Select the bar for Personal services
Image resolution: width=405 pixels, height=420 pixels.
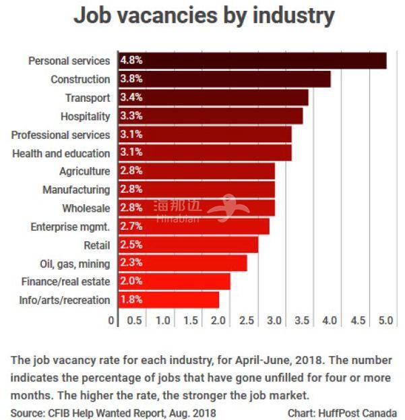[253, 61]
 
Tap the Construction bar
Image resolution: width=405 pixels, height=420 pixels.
[224, 79]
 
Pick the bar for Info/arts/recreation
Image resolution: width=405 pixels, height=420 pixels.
[168, 300]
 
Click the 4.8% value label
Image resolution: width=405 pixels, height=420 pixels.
[131, 61]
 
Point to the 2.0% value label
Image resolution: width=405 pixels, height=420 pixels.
[131, 281]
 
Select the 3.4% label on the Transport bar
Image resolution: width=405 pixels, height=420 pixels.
[131, 98]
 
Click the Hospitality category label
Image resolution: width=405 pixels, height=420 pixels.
[85, 116]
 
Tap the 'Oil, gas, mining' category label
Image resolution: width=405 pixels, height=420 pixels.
[75, 263]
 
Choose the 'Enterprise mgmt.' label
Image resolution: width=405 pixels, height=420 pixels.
[70, 227]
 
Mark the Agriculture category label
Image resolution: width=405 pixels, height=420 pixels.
[84, 171]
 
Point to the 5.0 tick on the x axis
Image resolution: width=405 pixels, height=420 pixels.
[385, 321]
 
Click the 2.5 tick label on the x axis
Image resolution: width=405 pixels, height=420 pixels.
[247, 321]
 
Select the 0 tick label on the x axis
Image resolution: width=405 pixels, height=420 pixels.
[112, 321]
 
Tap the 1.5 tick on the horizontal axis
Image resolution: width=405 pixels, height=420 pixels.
[191, 321]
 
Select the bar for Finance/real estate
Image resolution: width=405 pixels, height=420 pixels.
[174, 281]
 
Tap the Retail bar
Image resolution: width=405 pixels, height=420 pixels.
[188, 245]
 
